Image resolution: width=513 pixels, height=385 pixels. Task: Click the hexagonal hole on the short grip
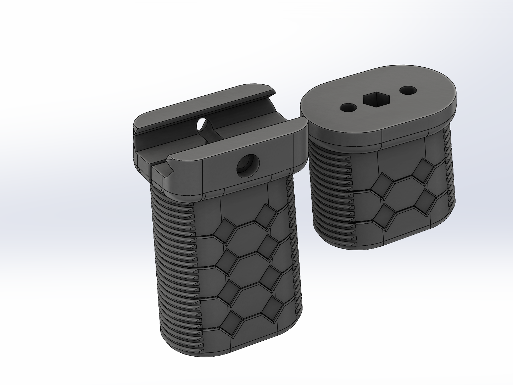(x=376, y=99)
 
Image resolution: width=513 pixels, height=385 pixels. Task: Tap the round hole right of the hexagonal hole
(x=408, y=90)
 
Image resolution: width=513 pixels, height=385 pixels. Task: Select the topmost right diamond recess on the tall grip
(x=268, y=216)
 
